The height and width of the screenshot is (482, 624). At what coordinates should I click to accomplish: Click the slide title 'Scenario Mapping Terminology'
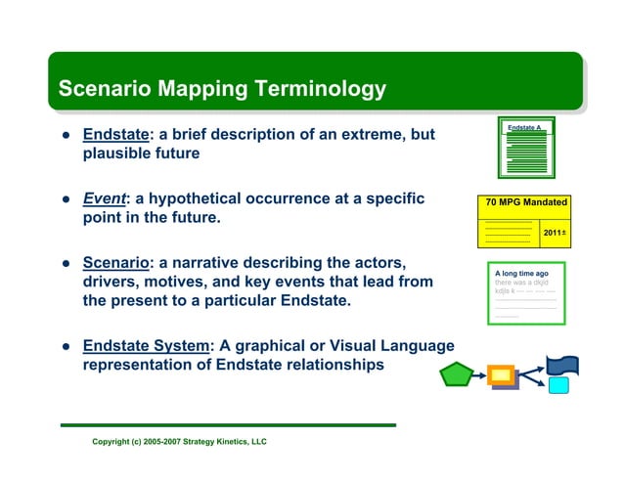[222, 89]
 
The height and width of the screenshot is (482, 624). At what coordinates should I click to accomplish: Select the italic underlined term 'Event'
[104, 198]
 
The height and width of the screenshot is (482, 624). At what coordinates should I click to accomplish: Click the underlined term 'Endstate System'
[145, 346]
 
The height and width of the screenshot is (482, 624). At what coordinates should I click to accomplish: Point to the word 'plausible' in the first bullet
[115, 153]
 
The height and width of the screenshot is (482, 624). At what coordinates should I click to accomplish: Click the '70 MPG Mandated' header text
[526, 203]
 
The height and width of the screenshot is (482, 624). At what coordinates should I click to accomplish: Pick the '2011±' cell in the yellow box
[556, 233]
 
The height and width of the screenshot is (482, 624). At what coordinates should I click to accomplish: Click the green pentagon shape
[457, 373]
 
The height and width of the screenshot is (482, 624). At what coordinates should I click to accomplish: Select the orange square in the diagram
[501, 374]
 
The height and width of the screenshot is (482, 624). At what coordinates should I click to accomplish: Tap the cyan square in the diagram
[558, 385]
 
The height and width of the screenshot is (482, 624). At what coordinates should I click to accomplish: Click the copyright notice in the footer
[179, 442]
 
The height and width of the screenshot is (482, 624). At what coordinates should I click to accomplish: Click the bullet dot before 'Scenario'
[67, 264]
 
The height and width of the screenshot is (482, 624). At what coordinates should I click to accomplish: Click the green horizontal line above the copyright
[228, 425]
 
